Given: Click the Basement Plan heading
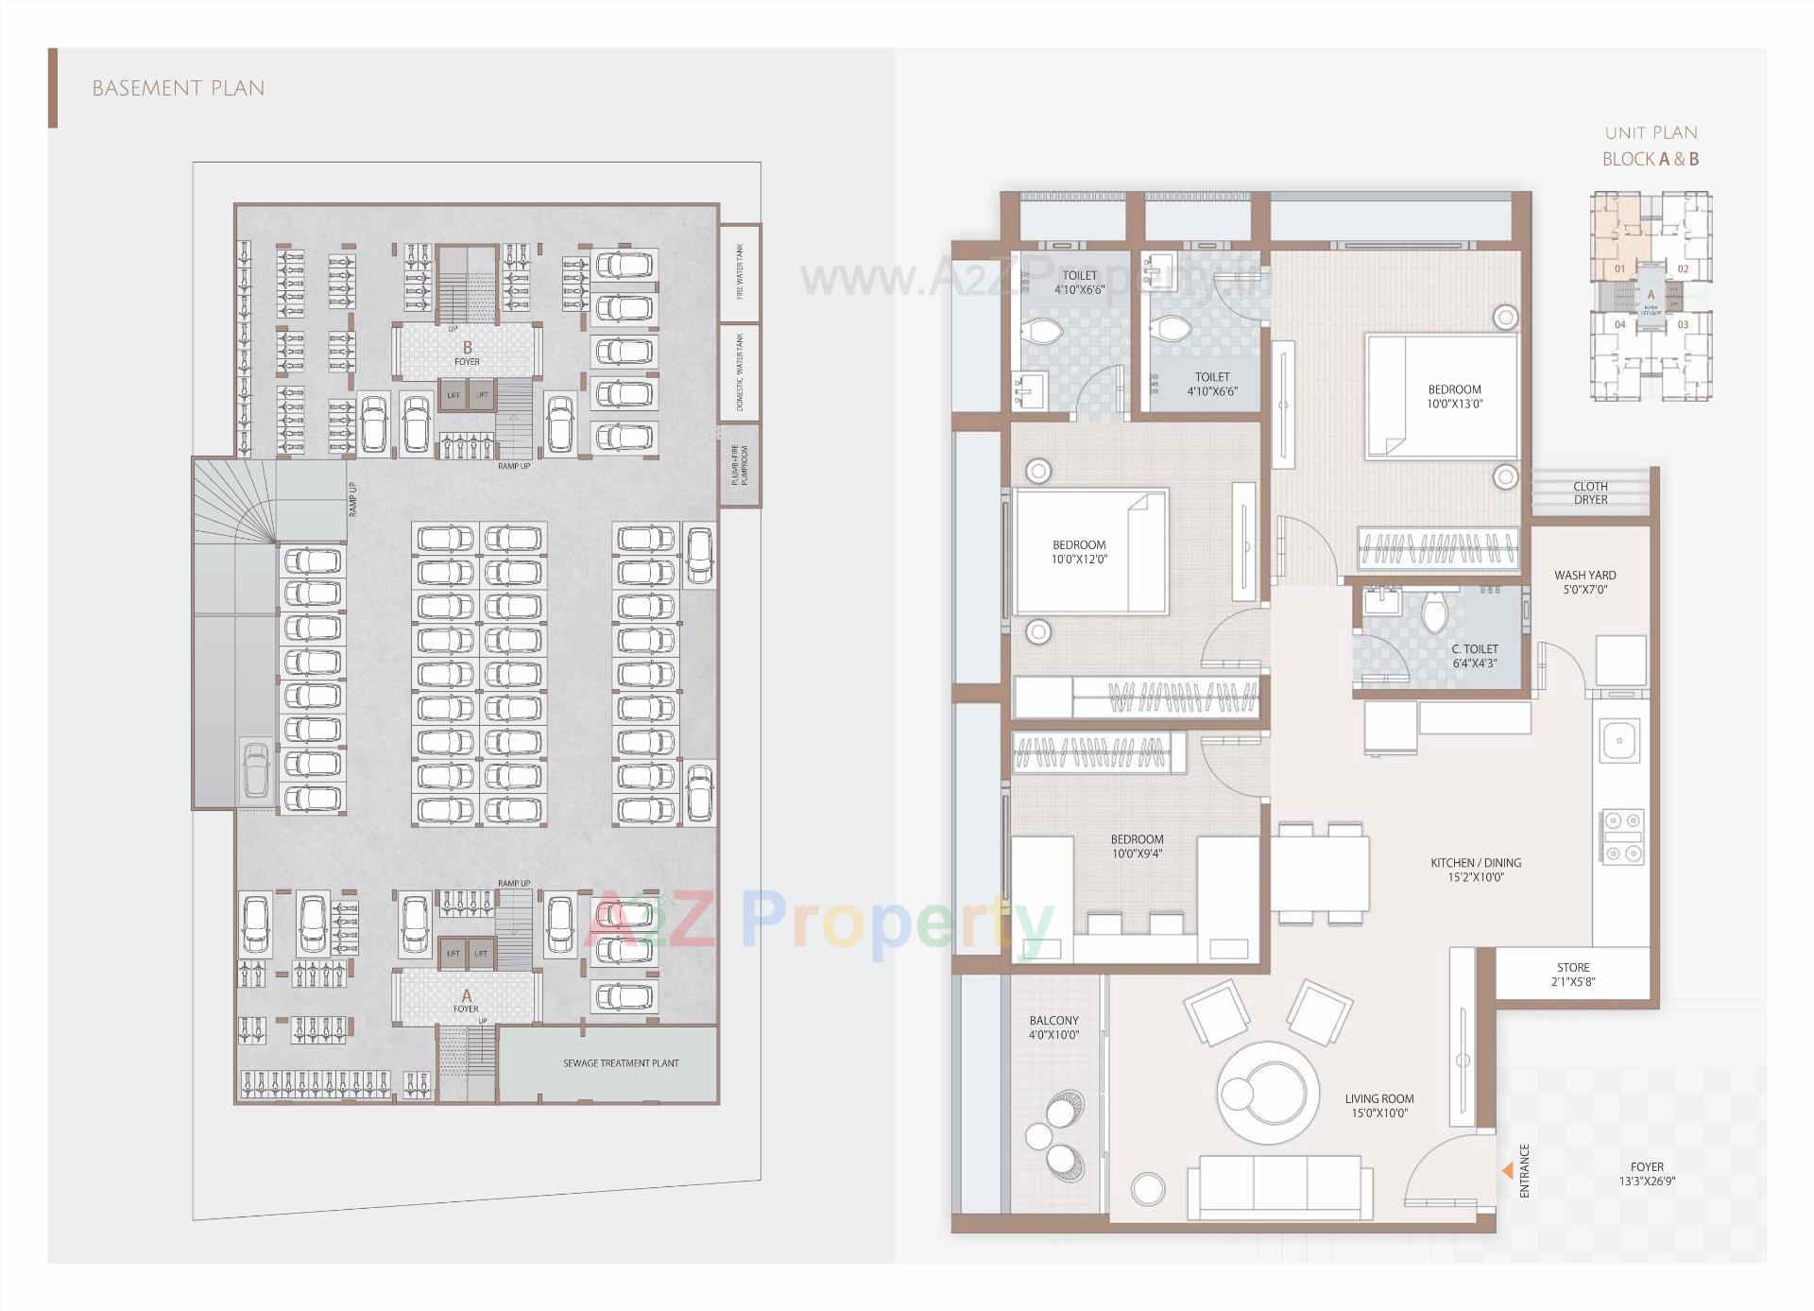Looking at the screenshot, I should [x=179, y=89].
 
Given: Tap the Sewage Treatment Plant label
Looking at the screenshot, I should [x=621, y=1063].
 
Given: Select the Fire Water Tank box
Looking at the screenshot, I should [x=740, y=272].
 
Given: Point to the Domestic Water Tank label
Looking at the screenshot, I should [x=740, y=372].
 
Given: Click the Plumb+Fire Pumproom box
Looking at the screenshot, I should [x=740, y=466].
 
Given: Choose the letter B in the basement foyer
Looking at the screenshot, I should [x=467, y=348].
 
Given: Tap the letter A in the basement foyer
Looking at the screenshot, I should [x=466, y=995].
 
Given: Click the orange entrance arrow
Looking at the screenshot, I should [x=1507, y=1171].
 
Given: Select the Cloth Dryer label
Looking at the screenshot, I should [x=1590, y=492].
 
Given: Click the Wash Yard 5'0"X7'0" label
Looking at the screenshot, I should [x=1584, y=581].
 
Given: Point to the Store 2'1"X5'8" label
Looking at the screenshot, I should [x=1573, y=975].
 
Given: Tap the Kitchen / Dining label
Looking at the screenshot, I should [x=1475, y=870].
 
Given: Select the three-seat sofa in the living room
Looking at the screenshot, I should [x=1279, y=1187].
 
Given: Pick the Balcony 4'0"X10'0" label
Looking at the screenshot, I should [x=1053, y=1027].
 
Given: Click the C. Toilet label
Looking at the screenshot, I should [x=1474, y=656].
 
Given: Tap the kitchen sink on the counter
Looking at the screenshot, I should [x=1619, y=740].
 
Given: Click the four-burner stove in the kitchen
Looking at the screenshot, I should [x=1621, y=837].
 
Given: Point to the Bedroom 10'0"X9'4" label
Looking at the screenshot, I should [x=1137, y=846].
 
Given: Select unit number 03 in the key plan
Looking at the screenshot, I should [x=1683, y=324].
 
